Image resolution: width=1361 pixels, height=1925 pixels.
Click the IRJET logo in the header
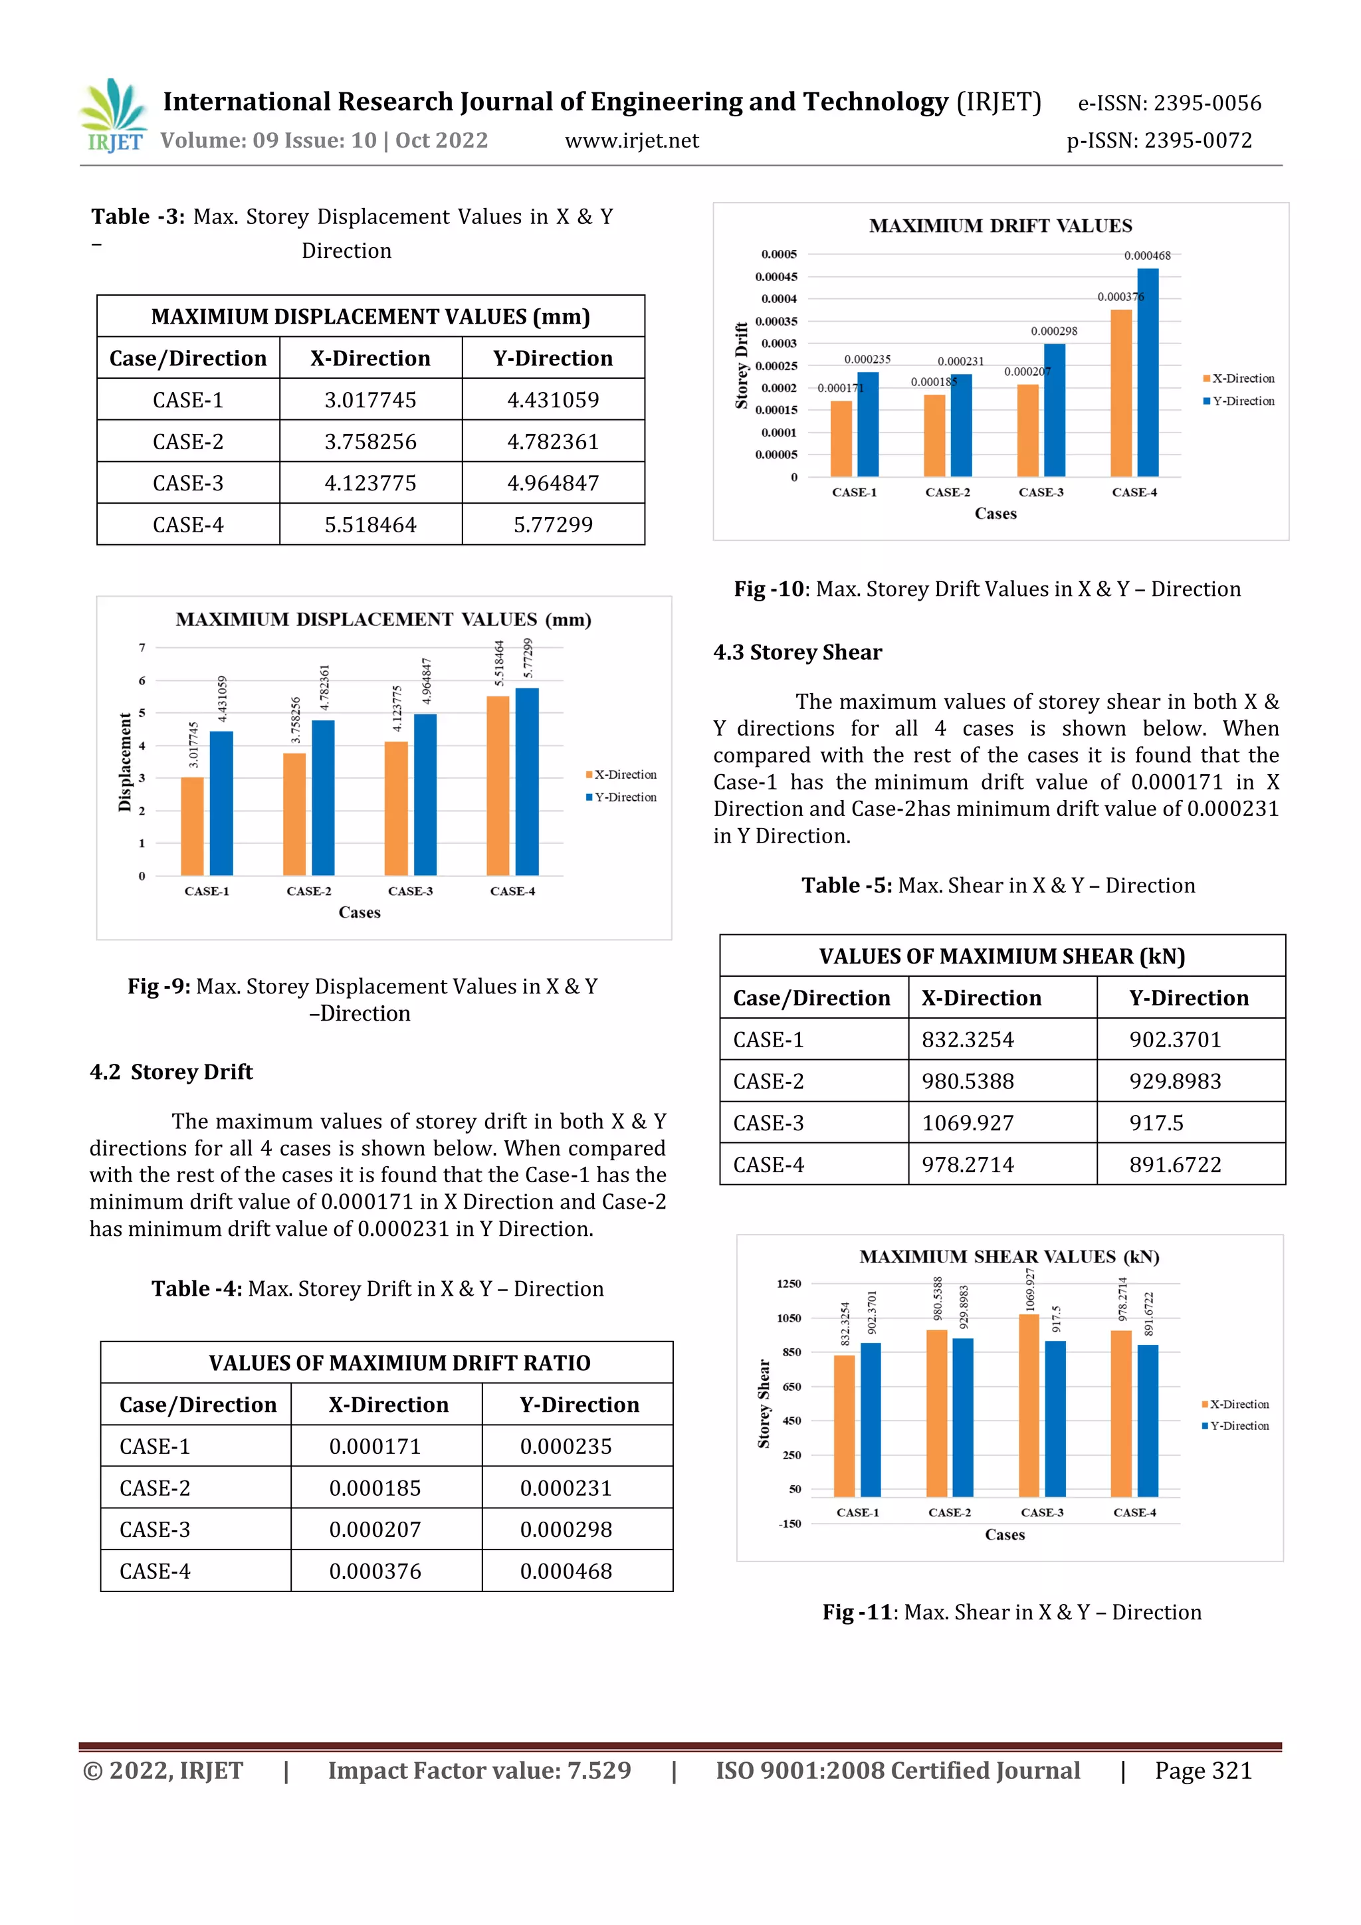[113, 116]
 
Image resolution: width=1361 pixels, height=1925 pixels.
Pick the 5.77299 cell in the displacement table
[553, 525]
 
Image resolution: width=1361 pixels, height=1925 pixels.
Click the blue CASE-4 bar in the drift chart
[1147, 373]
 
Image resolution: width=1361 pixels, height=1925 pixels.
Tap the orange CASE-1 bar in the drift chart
[841, 439]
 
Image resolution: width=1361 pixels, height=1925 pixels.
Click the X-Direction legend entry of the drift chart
[1239, 379]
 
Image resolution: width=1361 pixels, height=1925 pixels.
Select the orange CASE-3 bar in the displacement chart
[396, 808]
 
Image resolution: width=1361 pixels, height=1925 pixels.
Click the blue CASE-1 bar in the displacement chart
[221, 803]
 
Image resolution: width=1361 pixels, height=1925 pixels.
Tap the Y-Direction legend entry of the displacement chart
[621, 797]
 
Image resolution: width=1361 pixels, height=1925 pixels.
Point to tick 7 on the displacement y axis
[143, 647]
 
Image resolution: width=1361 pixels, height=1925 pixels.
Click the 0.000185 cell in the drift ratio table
[375, 1488]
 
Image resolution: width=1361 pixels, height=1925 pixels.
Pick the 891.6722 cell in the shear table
[1175, 1165]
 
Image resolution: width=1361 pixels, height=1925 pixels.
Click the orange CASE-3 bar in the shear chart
[1029, 1405]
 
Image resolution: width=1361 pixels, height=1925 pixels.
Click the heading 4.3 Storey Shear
[797, 653]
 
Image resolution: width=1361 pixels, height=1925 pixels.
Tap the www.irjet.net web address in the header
[631, 141]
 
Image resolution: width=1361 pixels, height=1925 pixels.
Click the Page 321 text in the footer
[1203, 1771]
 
